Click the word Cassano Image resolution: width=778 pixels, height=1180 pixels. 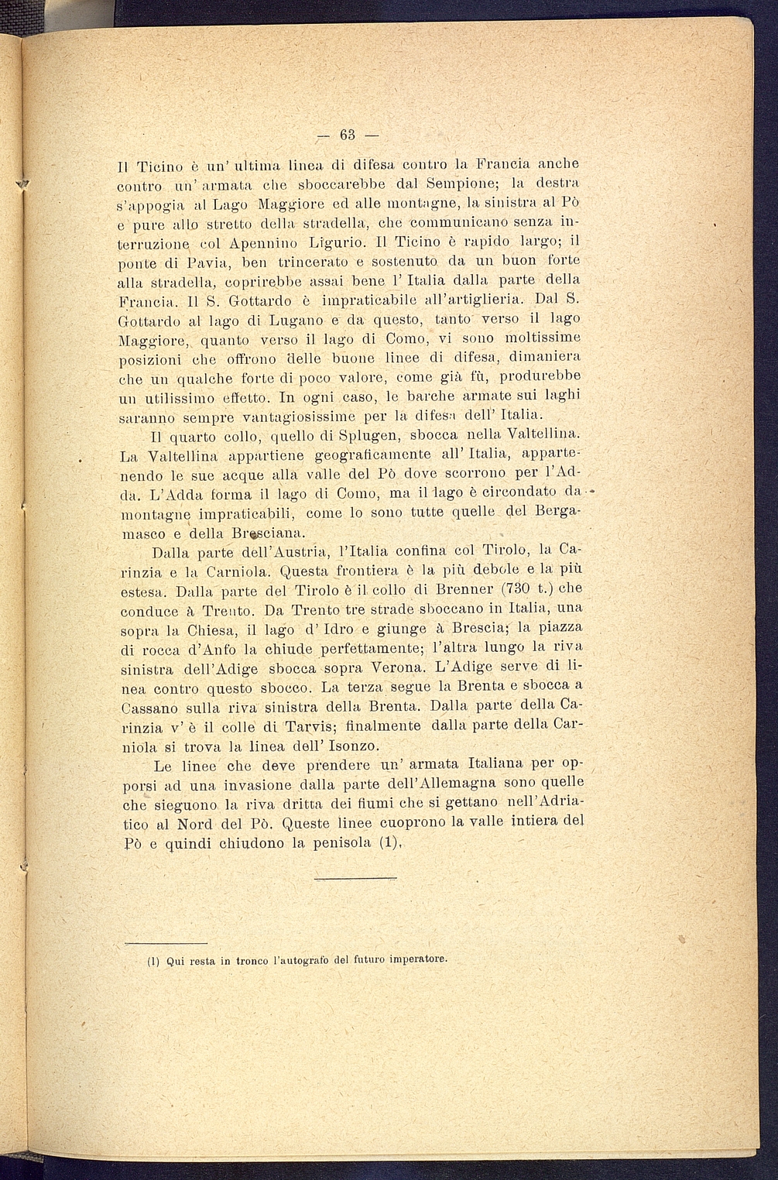[150, 707]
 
